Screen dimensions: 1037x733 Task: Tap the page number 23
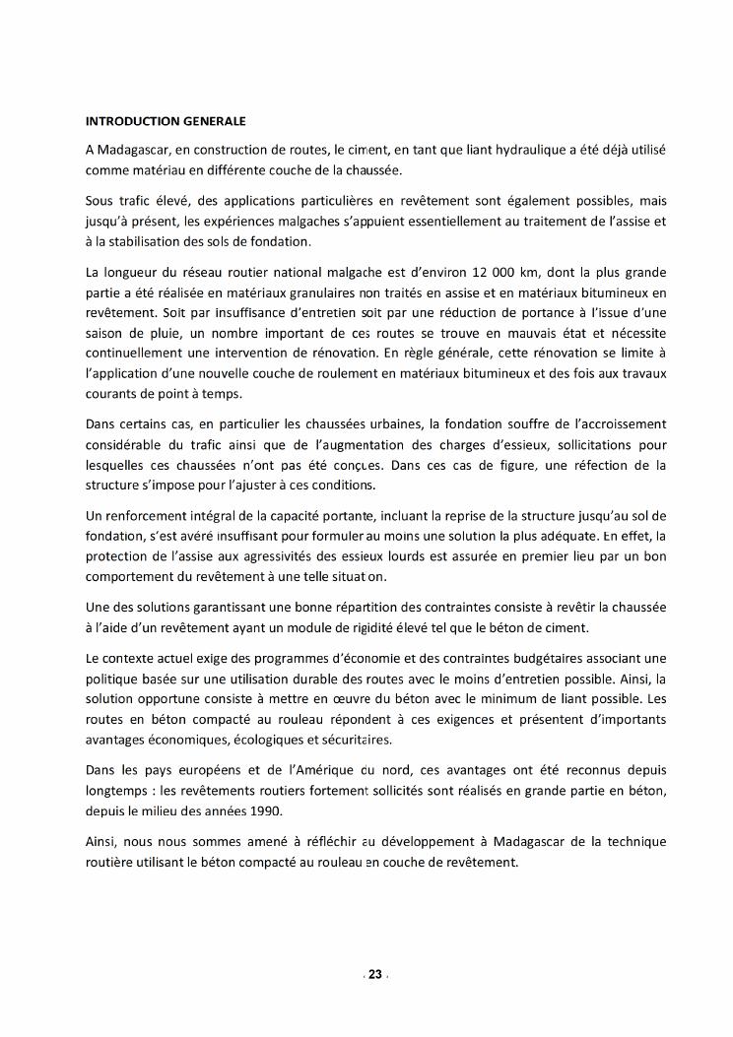374,975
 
